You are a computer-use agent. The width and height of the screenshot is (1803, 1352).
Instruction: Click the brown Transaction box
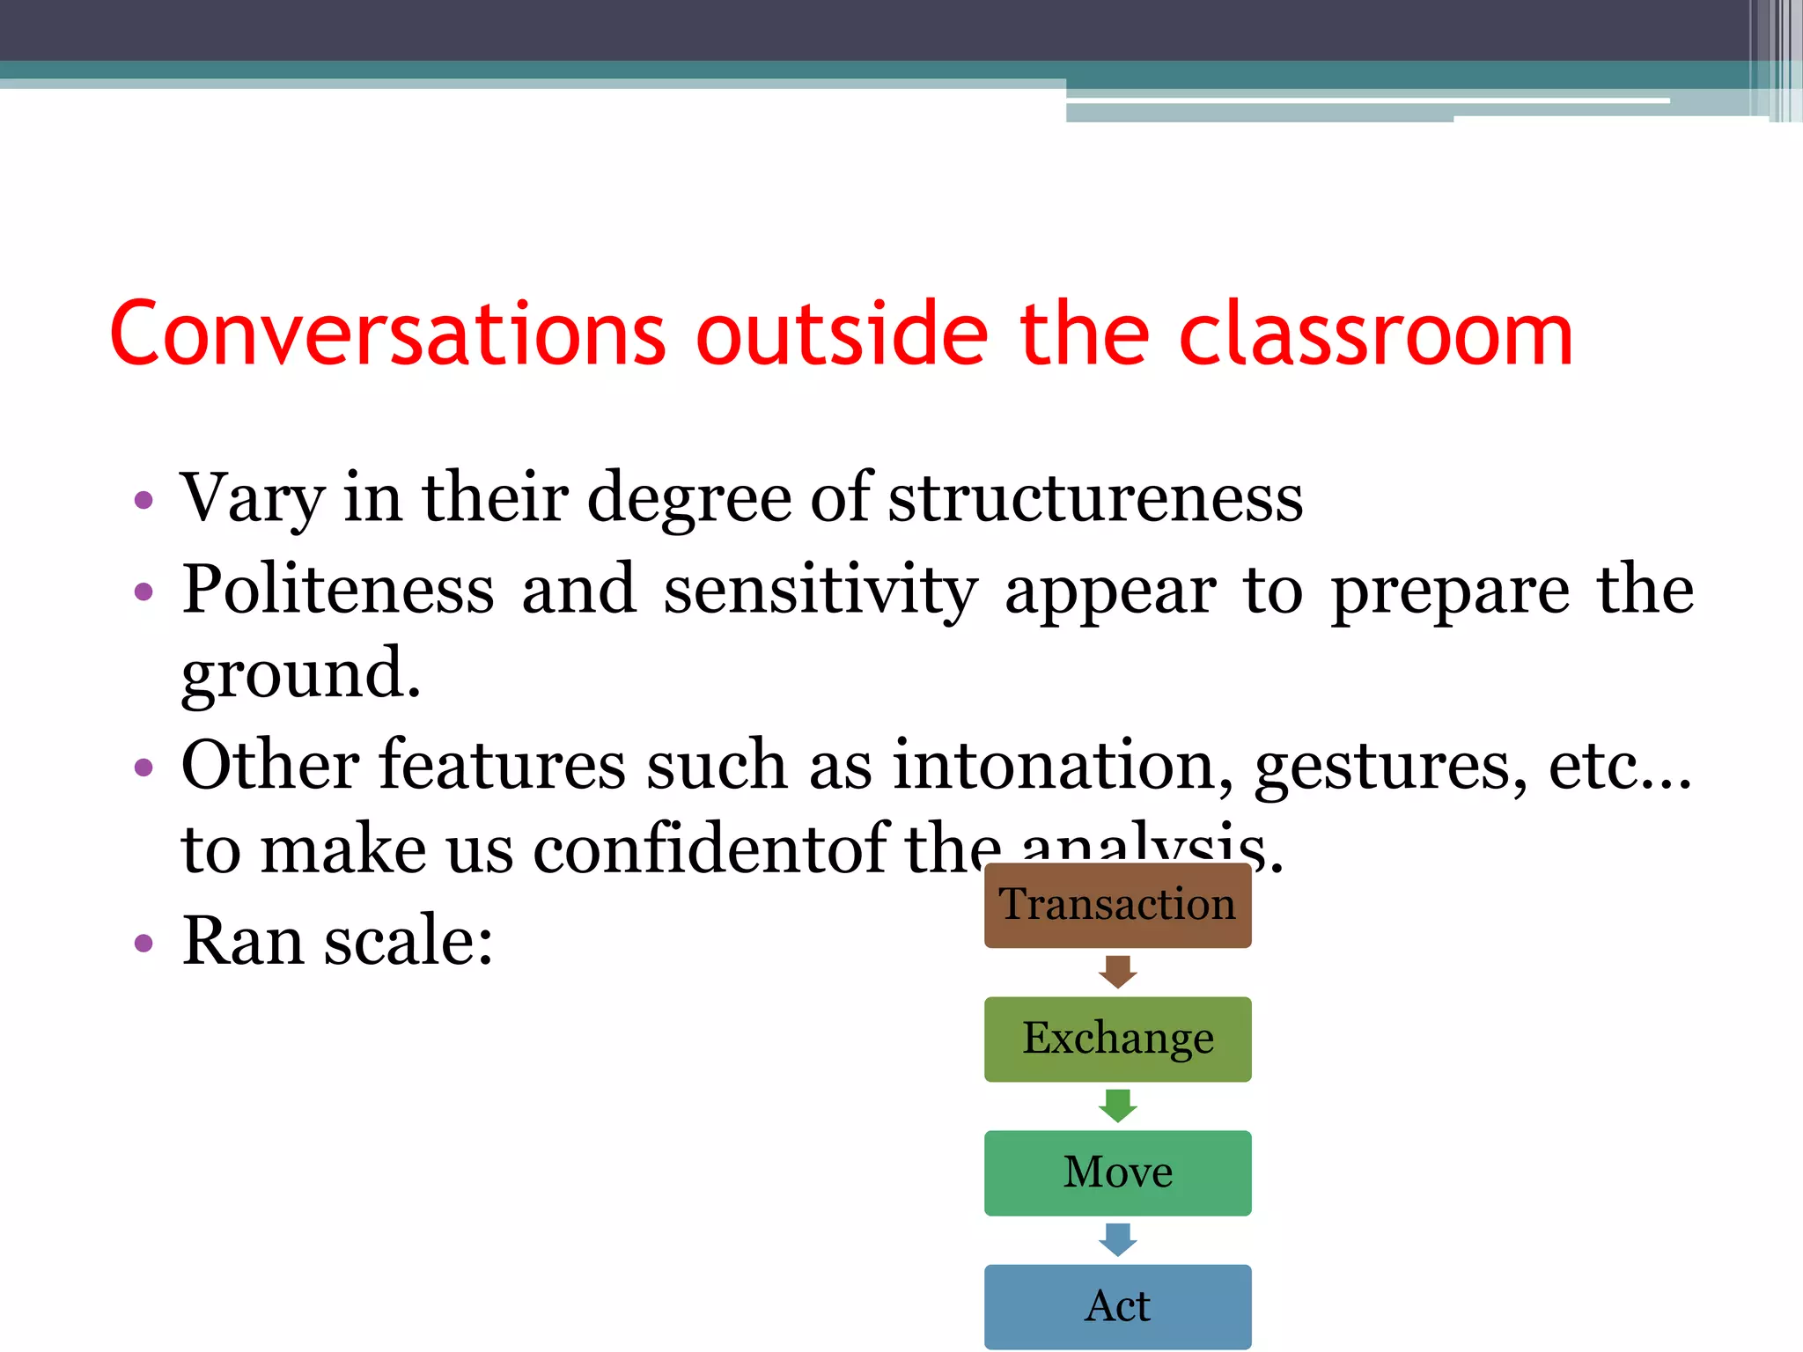(1117, 905)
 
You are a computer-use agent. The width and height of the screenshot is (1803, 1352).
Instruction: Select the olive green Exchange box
(1117, 1039)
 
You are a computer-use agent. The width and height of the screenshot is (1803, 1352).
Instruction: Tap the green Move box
(1117, 1172)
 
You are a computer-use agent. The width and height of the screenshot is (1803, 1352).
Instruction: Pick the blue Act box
(1117, 1306)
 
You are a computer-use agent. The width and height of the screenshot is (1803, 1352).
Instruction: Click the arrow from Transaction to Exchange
(1118, 972)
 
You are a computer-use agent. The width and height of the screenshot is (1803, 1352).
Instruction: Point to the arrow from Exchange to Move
(1118, 1106)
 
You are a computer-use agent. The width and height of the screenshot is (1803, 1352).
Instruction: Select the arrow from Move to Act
(1118, 1239)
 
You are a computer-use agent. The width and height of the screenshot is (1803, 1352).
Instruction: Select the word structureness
(1095, 499)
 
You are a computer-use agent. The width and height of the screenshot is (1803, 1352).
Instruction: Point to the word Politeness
(338, 590)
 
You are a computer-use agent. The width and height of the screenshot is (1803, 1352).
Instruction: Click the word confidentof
(712, 850)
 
